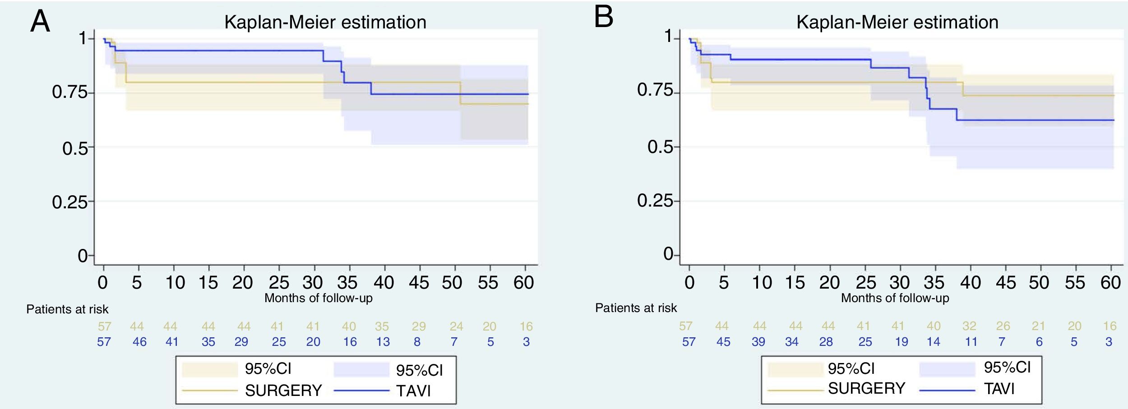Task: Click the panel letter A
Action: pos(40,22)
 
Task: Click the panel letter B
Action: pos(604,17)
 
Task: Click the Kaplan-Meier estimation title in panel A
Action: pos(325,22)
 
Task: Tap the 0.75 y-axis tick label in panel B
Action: pos(655,90)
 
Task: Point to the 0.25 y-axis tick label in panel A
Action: pos(69,202)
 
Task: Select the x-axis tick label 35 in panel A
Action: pos(347,283)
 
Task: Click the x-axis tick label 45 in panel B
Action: pos(1006,283)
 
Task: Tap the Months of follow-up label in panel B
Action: pos(895,298)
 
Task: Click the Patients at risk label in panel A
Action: pos(67,309)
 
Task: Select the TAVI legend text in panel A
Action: pos(413,391)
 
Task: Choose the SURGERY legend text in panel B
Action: pos(866,388)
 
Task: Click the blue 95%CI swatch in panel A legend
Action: pos(361,370)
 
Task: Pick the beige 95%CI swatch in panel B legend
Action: pos(795,369)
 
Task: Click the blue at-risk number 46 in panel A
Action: pos(139,342)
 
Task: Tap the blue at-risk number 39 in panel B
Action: pos(758,342)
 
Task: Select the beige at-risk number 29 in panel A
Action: pos(418,326)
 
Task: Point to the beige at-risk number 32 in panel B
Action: pos(969,326)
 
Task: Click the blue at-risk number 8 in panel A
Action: pos(417,342)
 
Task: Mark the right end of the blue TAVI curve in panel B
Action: pos(1114,120)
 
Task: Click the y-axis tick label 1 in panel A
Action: pos(82,38)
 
